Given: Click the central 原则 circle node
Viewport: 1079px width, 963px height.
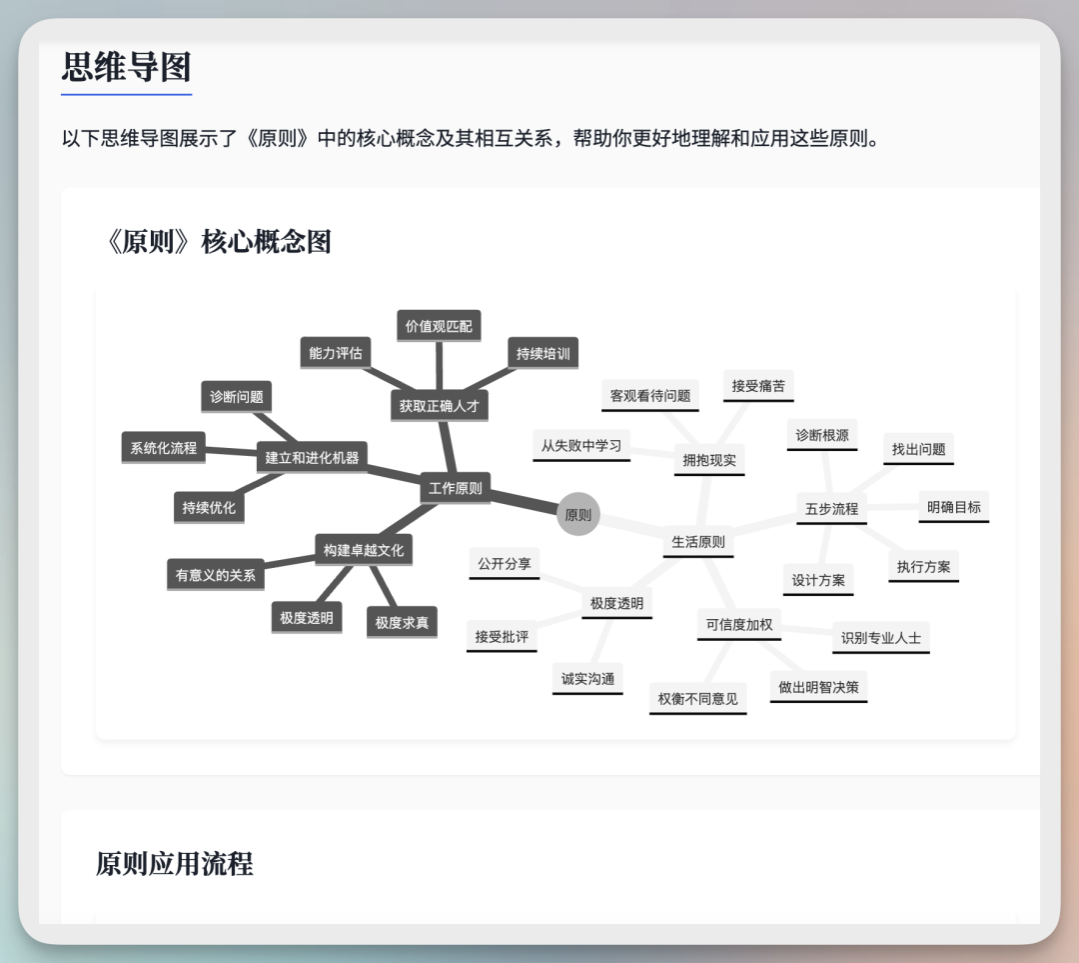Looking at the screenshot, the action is coord(578,515).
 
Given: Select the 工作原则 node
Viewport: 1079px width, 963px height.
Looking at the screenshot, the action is coord(456,488).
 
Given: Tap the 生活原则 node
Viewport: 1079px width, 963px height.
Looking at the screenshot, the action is coord(698,542).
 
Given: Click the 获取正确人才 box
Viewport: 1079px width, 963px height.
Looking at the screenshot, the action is coord(439,406).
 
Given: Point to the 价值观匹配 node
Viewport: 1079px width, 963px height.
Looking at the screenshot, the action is coord(439,326).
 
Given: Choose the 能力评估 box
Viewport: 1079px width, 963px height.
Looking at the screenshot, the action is coord(336,353).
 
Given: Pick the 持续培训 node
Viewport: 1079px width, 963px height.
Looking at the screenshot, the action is coord(543,353).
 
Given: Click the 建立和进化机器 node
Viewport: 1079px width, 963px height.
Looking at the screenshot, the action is coord(312,458).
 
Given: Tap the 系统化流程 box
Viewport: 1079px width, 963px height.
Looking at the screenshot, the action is coord(163,447).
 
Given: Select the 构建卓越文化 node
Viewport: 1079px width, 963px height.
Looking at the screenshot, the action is coord(364,550).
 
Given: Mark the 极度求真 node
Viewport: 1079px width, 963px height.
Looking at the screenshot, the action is coord(402,622).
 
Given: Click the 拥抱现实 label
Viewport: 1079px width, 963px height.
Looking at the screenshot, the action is coord(709,460).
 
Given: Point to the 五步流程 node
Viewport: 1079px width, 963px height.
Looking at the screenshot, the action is coord(831,508).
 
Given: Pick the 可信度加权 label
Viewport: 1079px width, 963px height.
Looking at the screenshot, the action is coord(739,624).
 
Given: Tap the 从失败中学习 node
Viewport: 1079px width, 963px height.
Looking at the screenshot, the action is coord(581,445).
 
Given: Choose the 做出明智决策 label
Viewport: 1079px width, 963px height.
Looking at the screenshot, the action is coord(818,687).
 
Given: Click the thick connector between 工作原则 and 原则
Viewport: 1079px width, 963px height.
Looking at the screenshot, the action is coord(524,501).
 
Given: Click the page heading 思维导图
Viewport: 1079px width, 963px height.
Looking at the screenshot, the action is coord(126,68).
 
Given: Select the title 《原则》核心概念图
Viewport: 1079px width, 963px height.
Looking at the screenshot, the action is coord(218,241).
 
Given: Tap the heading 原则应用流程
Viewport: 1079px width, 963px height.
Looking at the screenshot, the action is coord(175,863).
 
